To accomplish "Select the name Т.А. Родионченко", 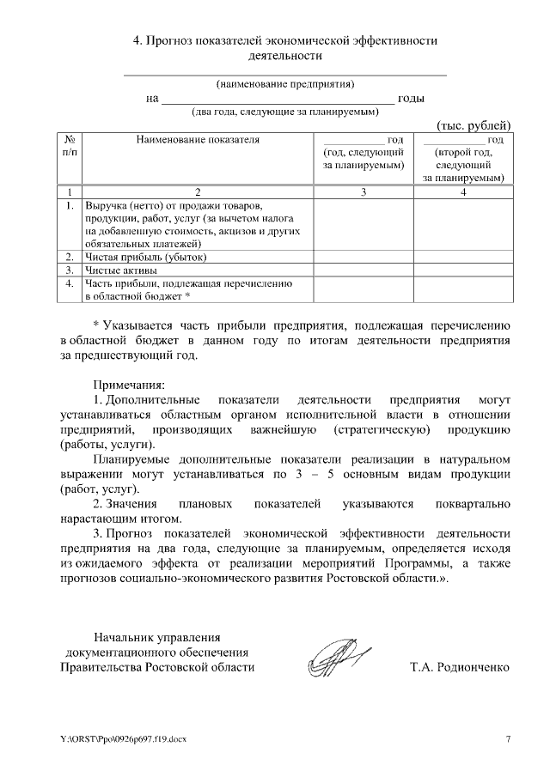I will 461,666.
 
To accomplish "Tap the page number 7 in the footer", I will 507,739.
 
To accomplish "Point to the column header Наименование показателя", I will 197,139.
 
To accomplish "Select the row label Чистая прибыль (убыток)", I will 147,257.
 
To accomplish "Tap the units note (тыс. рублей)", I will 474,124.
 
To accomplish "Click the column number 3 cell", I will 364,191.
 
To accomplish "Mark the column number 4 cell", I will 463,191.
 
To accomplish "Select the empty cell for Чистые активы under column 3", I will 364,270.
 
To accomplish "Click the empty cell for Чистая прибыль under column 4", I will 463,257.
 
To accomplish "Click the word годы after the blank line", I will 411,98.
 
